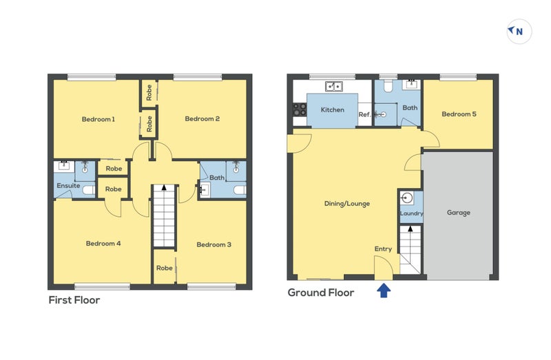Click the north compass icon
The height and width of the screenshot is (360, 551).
[x=519, y=31]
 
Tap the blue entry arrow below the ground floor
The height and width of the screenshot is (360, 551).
[x=384, y=291]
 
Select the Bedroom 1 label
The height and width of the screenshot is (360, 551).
[x=98, y=119]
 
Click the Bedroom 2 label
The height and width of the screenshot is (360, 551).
[x=202, y=119]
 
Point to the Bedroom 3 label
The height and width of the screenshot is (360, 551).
[x=214, y=244]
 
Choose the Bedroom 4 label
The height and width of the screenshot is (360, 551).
[x=103, y=243]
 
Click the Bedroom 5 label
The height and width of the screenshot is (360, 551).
[x=459, y=114]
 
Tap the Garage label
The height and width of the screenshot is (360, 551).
[x=459, y=213]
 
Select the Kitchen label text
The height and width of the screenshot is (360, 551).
[x=332, y=110]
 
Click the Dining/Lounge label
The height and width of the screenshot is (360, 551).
[x=347, y=204]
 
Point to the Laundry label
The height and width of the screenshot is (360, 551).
[x=411, y=214]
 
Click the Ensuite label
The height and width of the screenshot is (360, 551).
[x=67, y=185]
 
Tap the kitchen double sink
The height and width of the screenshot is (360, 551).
[x=334, y=87]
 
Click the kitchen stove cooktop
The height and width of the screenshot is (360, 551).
[x=300, y=109]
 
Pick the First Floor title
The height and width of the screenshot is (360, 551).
[x=74, y=300]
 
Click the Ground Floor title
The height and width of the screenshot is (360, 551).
[x=320, y=293]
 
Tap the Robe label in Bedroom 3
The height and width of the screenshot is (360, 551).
[x=164, y=268]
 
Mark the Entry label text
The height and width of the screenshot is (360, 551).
[x=383, y=248]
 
